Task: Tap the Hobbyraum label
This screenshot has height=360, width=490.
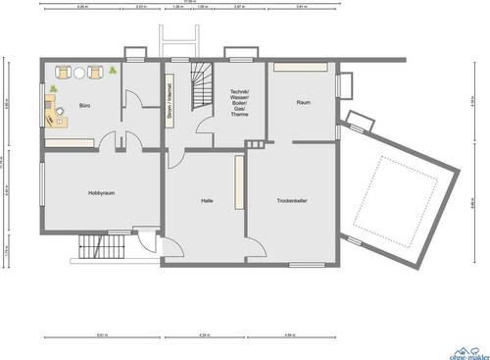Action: tap(101, 193)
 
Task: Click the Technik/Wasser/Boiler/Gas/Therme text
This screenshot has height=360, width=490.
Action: tap(240, 102)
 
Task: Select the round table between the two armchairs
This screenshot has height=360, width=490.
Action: tap(80, 72)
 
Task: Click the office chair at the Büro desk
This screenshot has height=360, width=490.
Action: tap(62, 115)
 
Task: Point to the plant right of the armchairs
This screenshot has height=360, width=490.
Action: tap(114, 71)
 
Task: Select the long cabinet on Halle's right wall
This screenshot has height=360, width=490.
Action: tap(238, 182)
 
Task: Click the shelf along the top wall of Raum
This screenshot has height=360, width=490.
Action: tap(301, 67)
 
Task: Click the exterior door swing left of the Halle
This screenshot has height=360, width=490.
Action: tap(148, 242)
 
